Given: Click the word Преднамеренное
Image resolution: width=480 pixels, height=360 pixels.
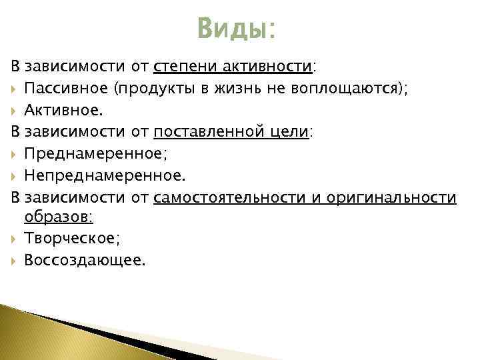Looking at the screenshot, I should (94, 153).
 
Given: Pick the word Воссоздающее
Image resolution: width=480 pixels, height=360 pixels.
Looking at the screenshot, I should (83, 260).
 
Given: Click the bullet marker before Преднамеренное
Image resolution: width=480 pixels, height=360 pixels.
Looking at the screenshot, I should (15, 154).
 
